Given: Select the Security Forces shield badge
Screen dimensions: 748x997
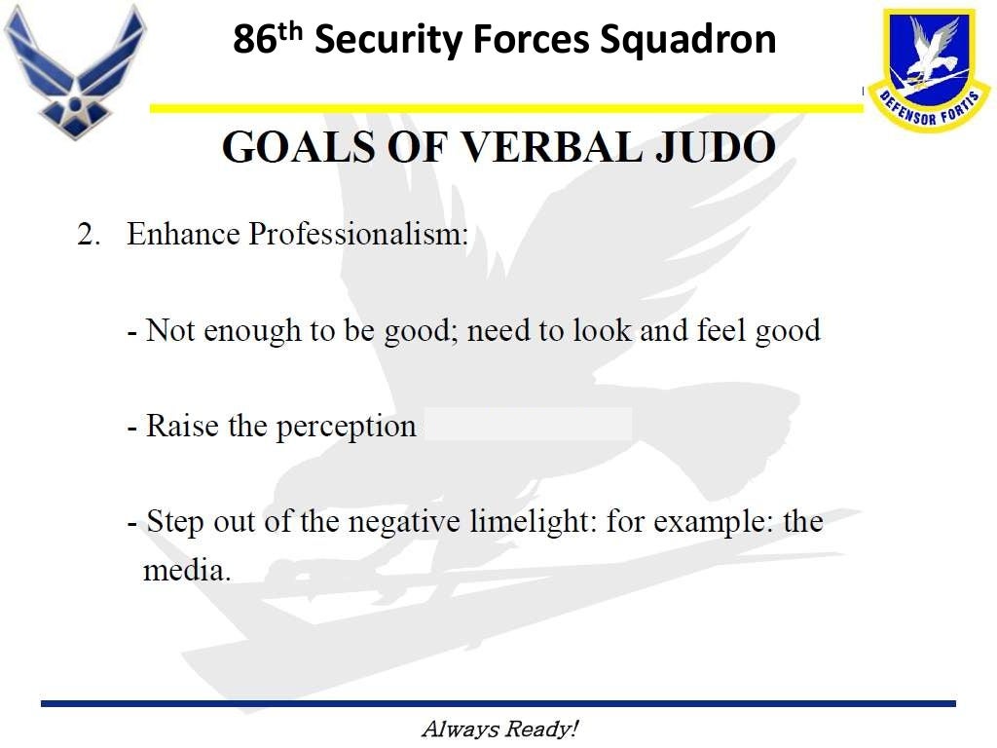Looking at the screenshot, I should [929, 68].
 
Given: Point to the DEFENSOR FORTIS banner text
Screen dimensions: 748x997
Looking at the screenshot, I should [929, 110].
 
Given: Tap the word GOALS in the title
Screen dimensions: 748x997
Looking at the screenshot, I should [302, 147].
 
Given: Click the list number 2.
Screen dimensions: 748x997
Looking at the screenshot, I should [89, 236].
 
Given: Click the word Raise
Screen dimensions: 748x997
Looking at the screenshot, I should [182, 426].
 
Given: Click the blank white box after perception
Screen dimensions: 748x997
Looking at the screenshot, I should [529, 425].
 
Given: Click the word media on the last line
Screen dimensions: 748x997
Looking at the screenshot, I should [185, 570].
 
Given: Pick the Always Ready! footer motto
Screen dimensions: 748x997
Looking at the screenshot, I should [499, 729].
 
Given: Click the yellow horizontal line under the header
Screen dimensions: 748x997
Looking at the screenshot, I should [505, 108].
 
